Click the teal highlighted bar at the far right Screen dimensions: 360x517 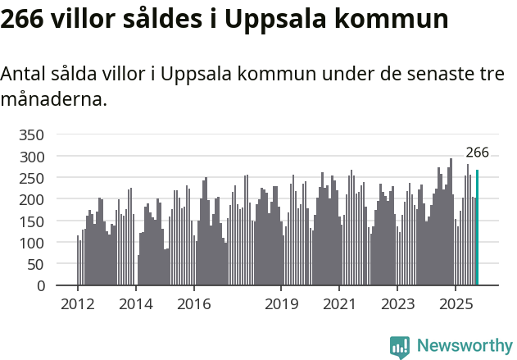[x=477, y=228]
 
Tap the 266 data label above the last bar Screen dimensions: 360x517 [x=477, y=153]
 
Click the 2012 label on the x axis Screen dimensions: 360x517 [x=78, y=304]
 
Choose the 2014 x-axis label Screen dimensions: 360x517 [x=136, y=304]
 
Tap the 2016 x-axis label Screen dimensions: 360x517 [x=194, y=304]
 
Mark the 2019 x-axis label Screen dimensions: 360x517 [x=281, y=304]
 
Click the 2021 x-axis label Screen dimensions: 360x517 [x=339, y=304]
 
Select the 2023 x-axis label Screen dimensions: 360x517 [x=397, y=304]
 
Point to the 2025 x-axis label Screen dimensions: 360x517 [x=455, y=304]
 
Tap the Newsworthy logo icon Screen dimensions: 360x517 [x=400, y=346]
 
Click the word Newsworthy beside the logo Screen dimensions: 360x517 [x=464, y=346]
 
